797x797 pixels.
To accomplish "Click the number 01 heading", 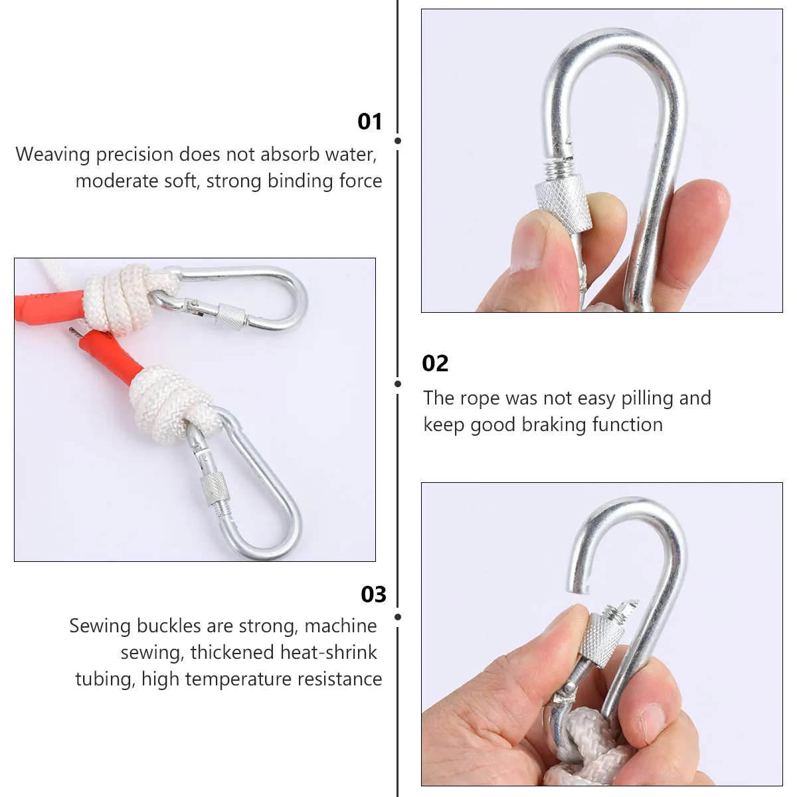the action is pos(370,122).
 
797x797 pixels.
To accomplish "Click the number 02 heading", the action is pos(435,363).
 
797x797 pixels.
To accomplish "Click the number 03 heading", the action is pos(373,594).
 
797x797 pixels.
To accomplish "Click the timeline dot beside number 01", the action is pos(398,141).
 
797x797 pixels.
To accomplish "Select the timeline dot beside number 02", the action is pos(398,384).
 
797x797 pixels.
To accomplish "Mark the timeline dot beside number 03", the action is pos(398,617).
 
